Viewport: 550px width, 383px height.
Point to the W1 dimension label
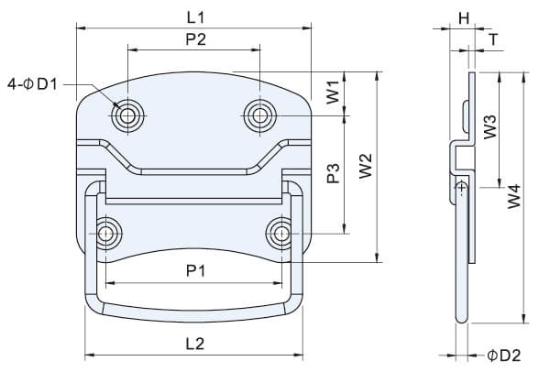click(334, 92)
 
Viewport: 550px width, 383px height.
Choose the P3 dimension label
click(334, 172)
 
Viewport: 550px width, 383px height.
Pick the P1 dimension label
click(194, 270)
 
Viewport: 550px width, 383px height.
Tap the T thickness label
click(494, 39)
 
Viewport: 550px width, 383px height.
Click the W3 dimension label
click(489, 126)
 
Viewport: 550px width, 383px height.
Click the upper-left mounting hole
click(126, 115)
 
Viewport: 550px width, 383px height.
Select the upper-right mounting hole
click(260, 115)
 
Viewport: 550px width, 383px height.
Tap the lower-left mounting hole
click(108, 233)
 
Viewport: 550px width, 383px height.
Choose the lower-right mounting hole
click(279, 233)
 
